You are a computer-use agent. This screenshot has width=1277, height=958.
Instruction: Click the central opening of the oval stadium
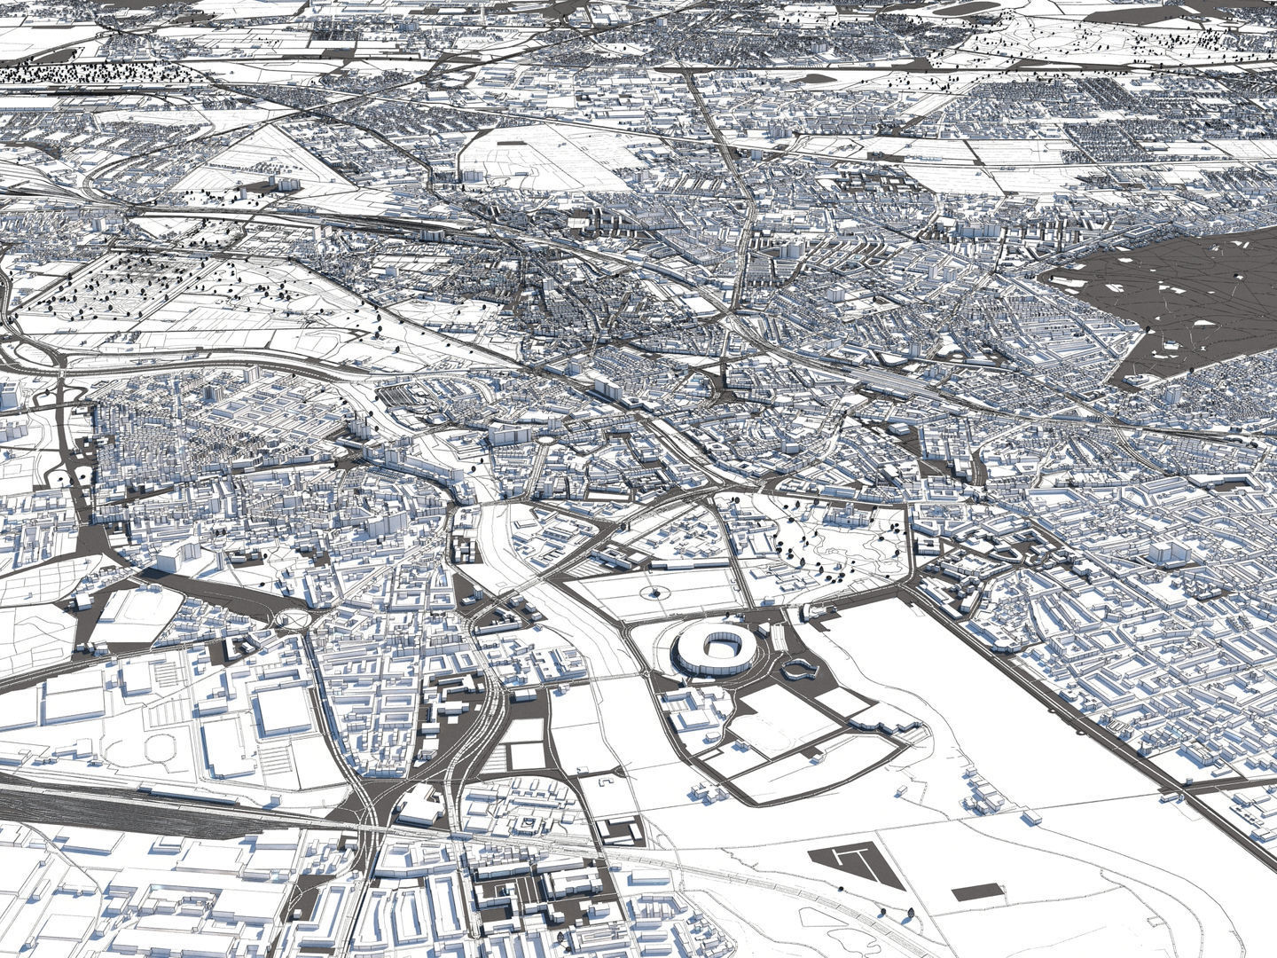(x=715, y=648)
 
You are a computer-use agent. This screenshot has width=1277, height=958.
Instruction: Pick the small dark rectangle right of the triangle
(x=978, y=891)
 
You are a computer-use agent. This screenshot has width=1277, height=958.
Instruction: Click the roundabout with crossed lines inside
(x=291, y=618)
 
